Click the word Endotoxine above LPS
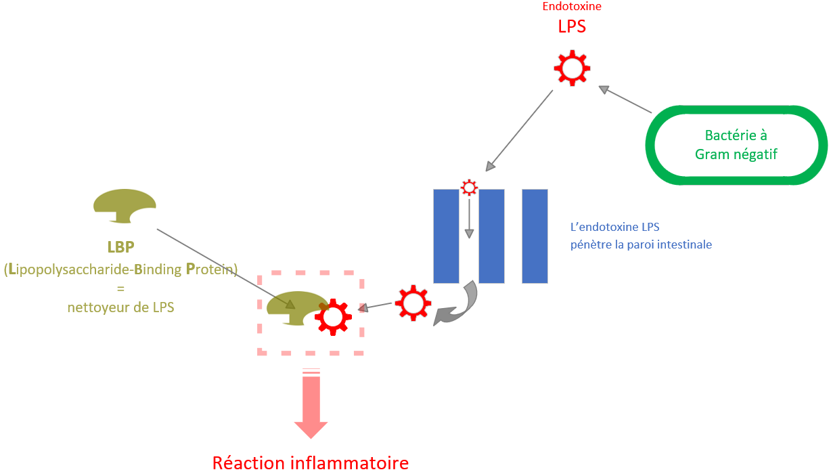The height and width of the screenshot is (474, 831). pos(572,6)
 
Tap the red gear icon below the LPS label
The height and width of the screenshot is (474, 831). pos(572,68)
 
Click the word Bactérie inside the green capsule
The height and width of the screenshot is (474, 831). pos(736,135)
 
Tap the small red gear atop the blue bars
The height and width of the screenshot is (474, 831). pos(468,188)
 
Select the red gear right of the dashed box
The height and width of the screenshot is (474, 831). pos(413,303)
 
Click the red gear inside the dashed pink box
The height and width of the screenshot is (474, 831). pos(332,316)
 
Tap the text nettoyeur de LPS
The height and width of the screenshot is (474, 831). pos(121,307)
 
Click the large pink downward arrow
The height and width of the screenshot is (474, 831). pos(311,406)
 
